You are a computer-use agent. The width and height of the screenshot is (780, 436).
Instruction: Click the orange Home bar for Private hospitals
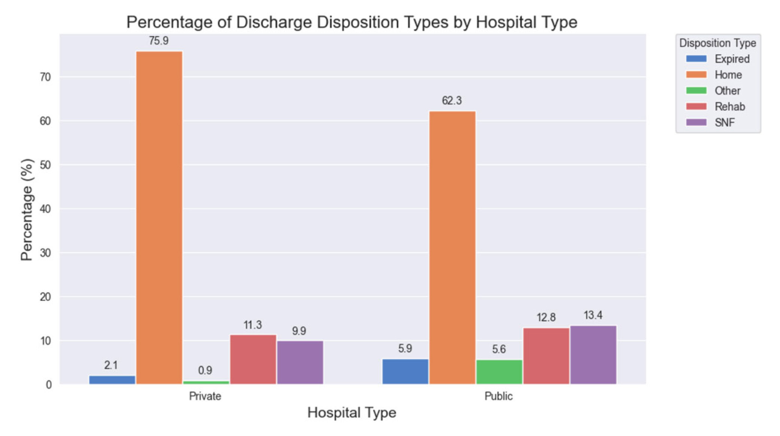click(159, 217)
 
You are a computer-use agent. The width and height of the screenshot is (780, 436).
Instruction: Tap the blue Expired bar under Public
click(405, 372)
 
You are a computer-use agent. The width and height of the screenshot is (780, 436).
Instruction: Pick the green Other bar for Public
click(499, 372)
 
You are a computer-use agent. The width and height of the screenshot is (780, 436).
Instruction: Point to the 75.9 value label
click(159, 41)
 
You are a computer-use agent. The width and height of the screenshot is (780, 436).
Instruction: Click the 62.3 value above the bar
click(452, 100)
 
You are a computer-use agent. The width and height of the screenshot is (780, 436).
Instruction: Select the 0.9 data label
click(205, 370)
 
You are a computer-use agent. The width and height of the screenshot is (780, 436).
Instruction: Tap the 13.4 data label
click(593, 315)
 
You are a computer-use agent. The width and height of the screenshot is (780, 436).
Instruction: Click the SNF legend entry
click(725, 123)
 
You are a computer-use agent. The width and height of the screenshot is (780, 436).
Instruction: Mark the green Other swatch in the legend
click(696, 91)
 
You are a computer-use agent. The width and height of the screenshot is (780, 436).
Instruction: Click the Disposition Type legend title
click(717, 43)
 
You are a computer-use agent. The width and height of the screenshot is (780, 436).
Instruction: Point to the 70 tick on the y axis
click(45, 77)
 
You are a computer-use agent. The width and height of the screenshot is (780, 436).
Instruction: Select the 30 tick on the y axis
click(45, 253)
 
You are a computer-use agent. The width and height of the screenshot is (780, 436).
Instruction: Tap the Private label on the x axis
click(205, 396)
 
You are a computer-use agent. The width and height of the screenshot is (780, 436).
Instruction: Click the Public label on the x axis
click(498, 396)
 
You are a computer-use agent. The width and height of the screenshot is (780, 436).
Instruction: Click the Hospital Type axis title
click(352, 413)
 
